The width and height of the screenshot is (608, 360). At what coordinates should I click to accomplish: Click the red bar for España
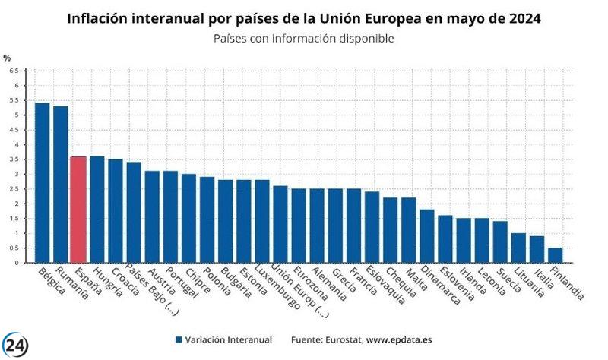[78, 210]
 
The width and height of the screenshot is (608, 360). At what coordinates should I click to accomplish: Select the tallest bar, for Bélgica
[42, 183]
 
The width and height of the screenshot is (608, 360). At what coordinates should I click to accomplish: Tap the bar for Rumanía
[60, 185]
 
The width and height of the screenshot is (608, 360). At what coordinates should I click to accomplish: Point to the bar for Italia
[537, 250]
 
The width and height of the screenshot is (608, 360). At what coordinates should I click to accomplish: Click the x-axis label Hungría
[106, 280]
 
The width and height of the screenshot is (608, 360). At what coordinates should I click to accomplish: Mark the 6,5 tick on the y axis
[14, 71]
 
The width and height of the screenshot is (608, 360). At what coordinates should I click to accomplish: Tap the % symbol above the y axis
[7, 58]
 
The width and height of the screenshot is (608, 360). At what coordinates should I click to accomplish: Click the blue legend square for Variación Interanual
[179, 339]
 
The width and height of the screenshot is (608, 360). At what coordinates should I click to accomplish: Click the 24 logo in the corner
[15, 345]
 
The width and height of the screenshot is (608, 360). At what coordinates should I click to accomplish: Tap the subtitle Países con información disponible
[304, 37]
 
